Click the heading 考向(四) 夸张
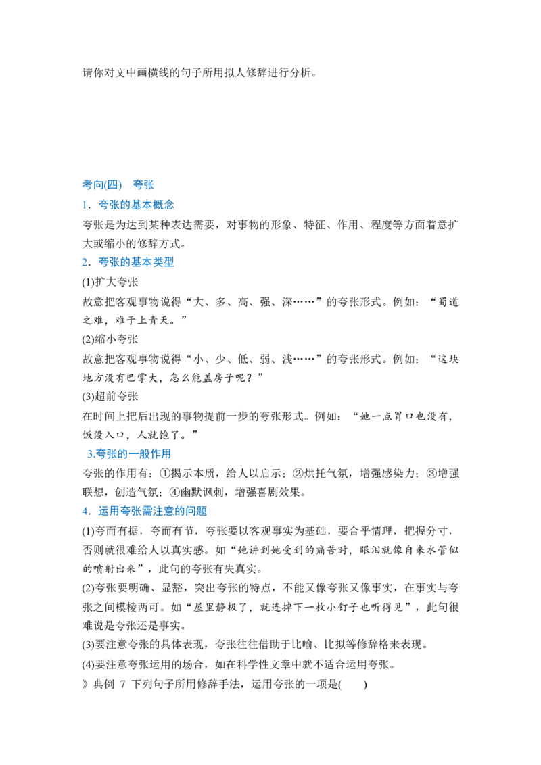(118, 185)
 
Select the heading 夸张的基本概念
(136, 205)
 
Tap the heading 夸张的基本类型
(136, 262)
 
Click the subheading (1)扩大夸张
(110, 282)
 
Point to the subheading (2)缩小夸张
(110, 339)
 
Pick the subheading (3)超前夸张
(110, 397)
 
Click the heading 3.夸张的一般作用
(129, 453)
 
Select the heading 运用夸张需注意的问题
(153, 511)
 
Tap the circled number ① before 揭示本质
(164, 473)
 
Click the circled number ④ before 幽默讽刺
(174, 492)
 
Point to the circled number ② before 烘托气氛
(298, 473)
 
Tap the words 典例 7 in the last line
(110, 684)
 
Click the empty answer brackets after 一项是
(352, 684)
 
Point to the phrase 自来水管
(425, 550)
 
